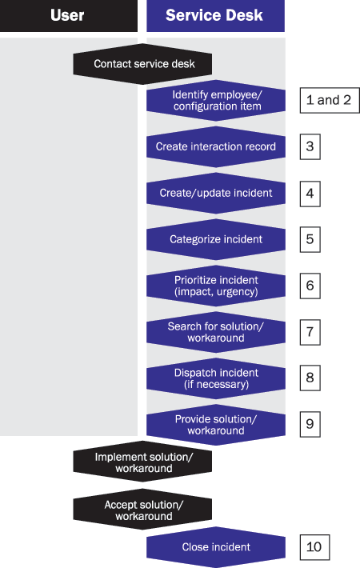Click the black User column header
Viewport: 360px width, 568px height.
tap(69, 15)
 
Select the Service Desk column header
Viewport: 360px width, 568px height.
tap(215, 15)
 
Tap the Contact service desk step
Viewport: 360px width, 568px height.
tap(142, 64)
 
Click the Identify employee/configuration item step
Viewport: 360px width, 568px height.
tap(216, 100)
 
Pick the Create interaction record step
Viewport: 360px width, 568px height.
tap(216, 146)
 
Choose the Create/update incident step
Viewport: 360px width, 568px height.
tap(216, 193)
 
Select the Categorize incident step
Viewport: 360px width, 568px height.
tap(216, 239)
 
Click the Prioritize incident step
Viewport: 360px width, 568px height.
tap(216, 286)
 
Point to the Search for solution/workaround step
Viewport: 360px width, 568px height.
tap(216, 332)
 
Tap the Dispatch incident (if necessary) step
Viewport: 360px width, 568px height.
tap(216, 378)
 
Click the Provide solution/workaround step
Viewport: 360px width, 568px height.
tap(216, 425)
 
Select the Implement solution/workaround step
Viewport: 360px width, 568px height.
tap(142, 462)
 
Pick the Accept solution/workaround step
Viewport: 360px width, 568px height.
tap(142, 510)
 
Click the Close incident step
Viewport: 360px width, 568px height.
tap(216, 547)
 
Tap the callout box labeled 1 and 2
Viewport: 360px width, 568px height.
tap(330, 100)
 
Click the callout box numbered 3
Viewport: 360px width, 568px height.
tap(310, 146)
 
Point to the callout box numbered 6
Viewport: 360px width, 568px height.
tap(310, 286)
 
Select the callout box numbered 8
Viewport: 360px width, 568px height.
tap(310, 378)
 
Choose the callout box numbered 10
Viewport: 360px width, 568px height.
tap(314, 547)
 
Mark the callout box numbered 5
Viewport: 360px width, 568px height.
tap(310, 239)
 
